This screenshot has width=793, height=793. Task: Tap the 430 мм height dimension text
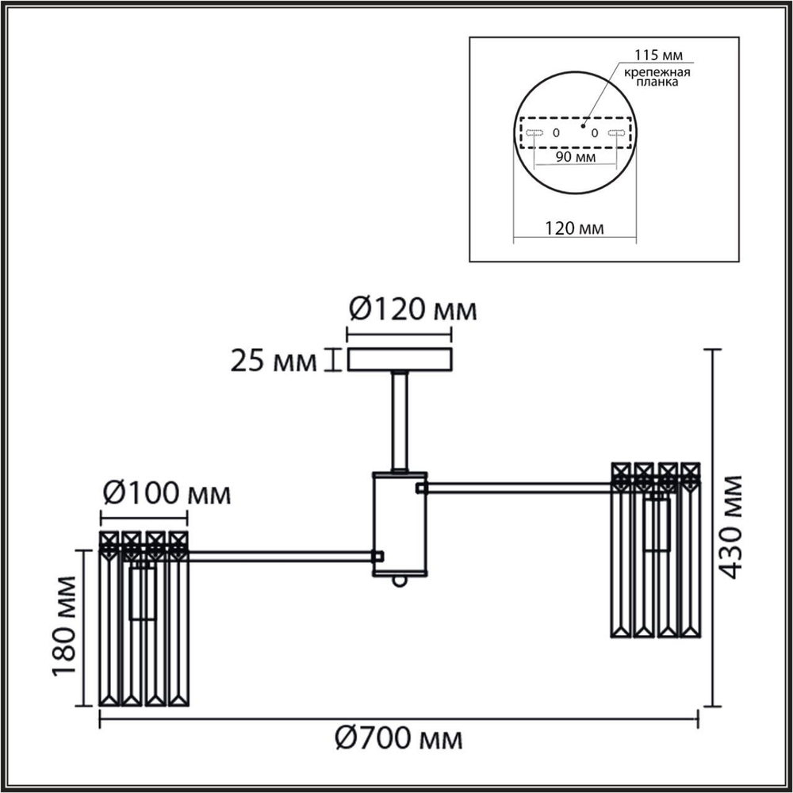(x=731, y=527)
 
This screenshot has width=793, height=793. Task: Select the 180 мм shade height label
(x=66, y=627)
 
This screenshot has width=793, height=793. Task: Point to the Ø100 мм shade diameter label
(x=167, y=495)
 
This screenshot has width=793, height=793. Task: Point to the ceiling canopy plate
(x=400, y=361)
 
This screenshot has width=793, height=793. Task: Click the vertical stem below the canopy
(x=400, y=420)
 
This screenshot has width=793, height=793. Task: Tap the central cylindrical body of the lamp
(x=400, y=523)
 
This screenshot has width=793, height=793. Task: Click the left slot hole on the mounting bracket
(x=531, y=133)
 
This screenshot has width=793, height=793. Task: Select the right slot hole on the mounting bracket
(x=616, y=133)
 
